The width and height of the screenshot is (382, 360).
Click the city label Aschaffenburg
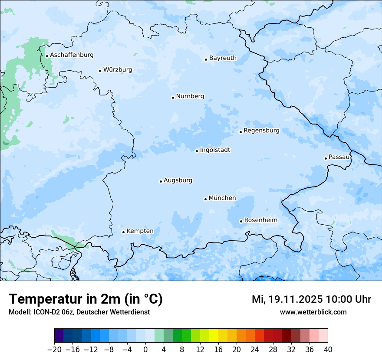pos(72,55)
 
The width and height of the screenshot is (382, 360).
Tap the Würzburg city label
pos(118,70)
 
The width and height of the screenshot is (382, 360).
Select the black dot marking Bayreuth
pos(206,59)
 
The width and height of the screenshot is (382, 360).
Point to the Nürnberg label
pos(190,96)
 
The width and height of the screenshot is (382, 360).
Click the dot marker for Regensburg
pos(240,131)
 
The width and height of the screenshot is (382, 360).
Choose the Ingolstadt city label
pos(215,150)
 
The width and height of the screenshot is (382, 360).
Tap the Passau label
pos(339,157)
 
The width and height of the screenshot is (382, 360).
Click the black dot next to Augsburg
pos(161,181)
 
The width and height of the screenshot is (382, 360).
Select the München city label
pos(222,198)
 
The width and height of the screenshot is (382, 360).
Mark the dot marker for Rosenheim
pos(241,221)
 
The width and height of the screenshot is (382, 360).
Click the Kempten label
pos(140,231)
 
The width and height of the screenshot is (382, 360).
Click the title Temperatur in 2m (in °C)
pos(86,299)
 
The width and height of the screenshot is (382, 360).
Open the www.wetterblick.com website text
pos(313,312)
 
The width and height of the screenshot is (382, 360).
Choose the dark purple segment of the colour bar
pos(59,336)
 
